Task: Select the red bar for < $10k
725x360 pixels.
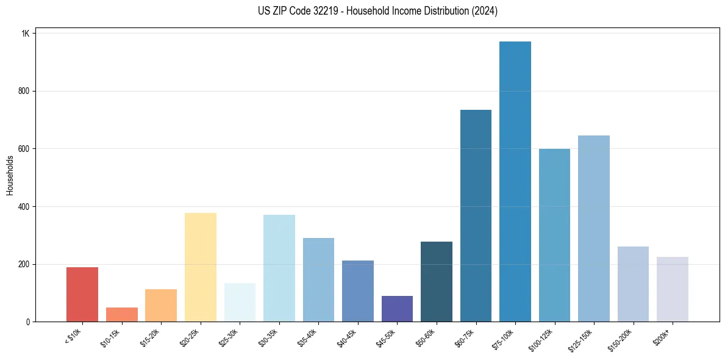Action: coord(82,295)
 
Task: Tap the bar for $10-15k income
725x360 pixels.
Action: coord(121,314)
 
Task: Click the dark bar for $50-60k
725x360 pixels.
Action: coord(436,282)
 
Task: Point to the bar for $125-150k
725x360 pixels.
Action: coord(593,229)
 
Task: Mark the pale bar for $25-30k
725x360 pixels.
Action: coord(240,303)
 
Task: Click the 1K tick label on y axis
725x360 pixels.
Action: coord(25,34)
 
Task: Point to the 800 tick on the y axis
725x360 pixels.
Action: coord(24,91)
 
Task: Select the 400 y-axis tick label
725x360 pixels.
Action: coord(24,207)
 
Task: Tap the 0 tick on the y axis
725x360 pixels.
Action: coord(28,322)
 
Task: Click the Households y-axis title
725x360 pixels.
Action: coord(10,175)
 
